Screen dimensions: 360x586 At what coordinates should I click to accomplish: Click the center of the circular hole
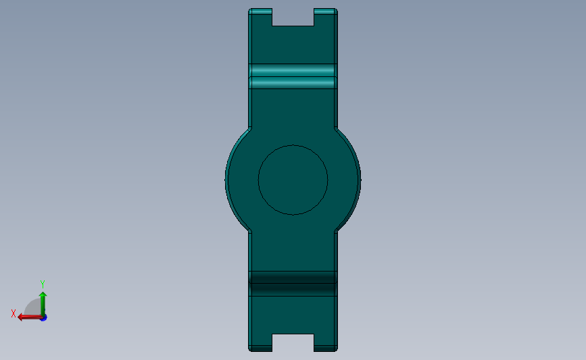pos(293,180)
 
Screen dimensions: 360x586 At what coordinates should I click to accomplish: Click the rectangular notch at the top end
pos(293,18)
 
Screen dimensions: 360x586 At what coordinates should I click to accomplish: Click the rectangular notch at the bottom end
pos(293,342)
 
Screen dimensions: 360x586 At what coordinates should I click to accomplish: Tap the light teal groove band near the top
pos(293,76)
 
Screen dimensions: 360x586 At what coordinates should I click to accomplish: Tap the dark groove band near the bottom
pos(293,284)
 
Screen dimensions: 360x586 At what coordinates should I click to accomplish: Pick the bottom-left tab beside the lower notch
pos(261,342)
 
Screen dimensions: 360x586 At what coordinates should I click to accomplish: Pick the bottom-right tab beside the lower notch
pos(325,342)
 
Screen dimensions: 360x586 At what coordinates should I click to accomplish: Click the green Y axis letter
pos(42,284)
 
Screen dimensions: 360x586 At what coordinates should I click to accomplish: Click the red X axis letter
pos(13,314)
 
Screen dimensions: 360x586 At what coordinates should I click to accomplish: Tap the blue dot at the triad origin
pos(43,317)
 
